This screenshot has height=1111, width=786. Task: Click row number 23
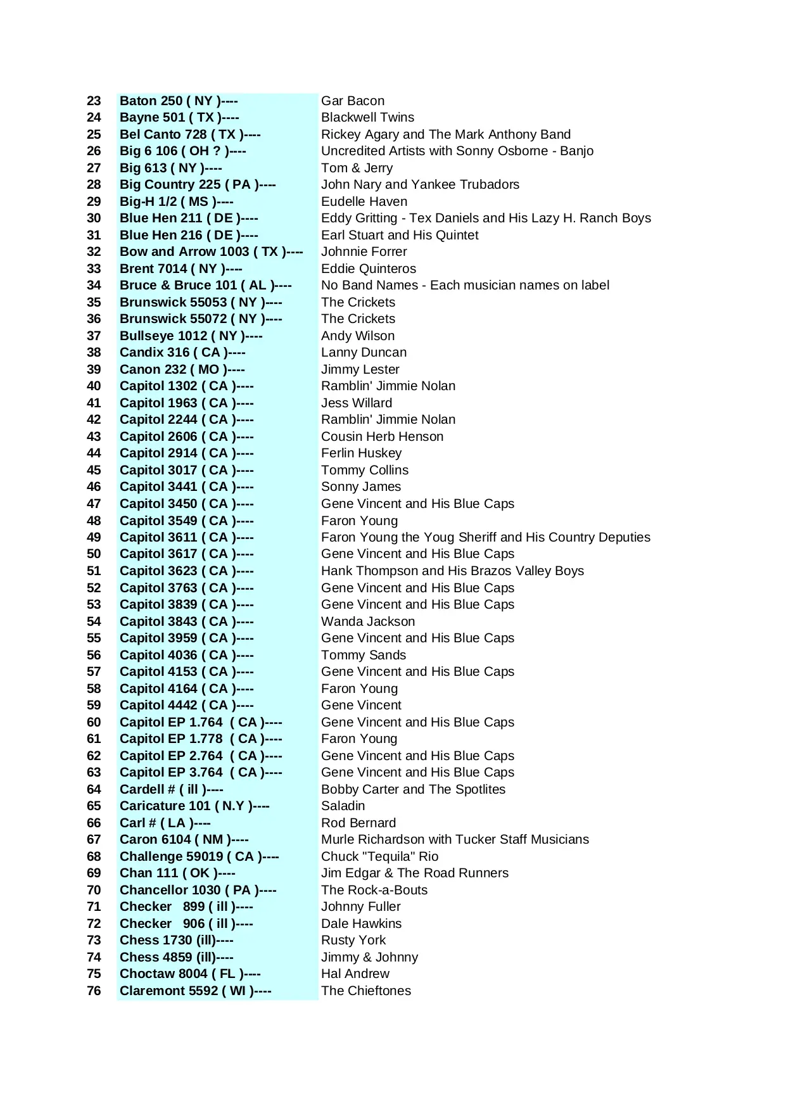pos(94,101)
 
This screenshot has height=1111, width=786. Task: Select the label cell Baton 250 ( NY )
pos(178,101)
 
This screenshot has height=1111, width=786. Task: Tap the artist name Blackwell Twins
pos(367,117)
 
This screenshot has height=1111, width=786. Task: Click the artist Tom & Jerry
pos(357,168)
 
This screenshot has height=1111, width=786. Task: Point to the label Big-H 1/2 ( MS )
pos(176,201)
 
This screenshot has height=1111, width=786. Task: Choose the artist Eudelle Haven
pos(364,201)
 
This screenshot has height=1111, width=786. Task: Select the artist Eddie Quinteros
pos(369,269)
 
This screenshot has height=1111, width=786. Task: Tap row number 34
pos(94,285)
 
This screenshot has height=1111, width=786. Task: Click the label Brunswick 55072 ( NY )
pos(201,319)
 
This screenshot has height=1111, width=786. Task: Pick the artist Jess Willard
pos(357,403)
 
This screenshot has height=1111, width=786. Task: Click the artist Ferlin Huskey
pos(361,453)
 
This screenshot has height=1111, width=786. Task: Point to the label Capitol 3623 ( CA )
pos(186,571)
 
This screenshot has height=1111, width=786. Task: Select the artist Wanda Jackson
pos(368,621)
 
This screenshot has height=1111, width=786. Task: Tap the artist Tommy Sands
pos(364,655)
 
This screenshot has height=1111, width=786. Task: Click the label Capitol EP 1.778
pos(201,739)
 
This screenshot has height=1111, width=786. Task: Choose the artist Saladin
pos(343,806)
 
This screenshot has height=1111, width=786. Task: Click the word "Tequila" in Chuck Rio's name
pos(388,856)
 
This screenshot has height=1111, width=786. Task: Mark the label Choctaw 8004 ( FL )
pos(190,974)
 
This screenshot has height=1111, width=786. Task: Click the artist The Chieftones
pos(365,991)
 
